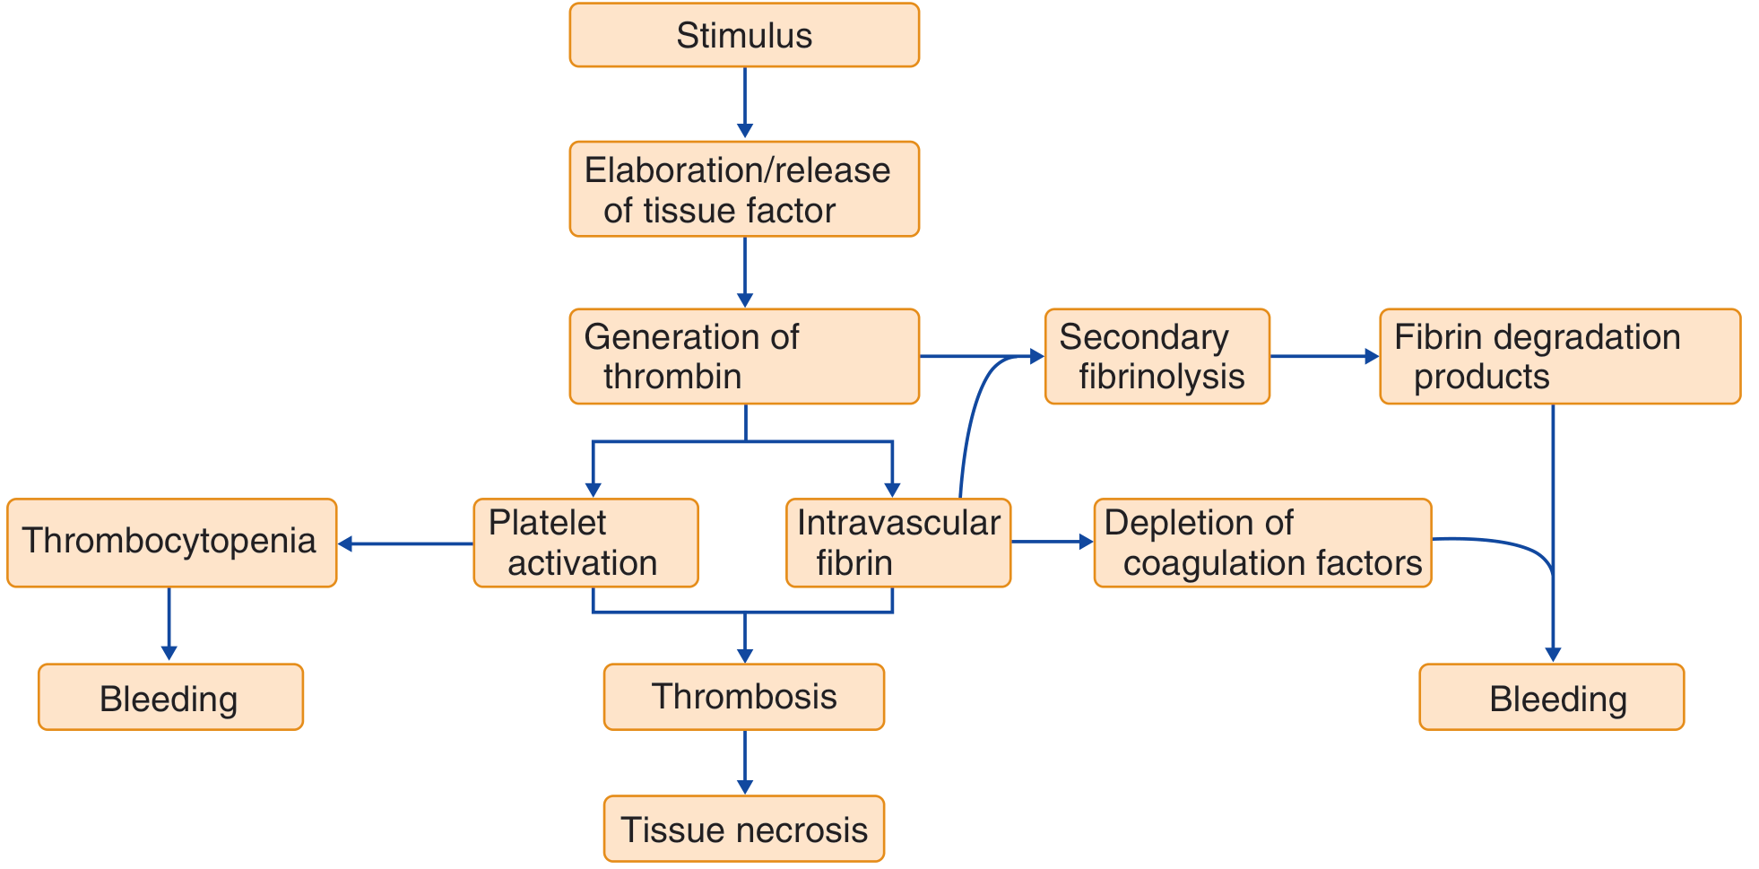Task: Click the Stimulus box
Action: pyautogui.click(x=744, y=35)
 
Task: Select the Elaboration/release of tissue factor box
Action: pyautogui.click(x=744, y=189)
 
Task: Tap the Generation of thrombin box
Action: pyautogui.click(x=744, y=356)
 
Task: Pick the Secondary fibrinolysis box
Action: pyautogui.click(x=1157, y=356)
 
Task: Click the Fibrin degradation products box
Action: pyautogui.click(x=1560, y=356)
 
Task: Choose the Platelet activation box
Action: pyautogui.click(x=585, y=543)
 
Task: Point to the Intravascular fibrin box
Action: pyautogui.click(x=898, y=543)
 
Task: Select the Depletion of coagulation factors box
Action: pyautogui.click(x=1262, y=543)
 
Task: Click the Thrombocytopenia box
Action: pyautogui.click(x=171, y=543)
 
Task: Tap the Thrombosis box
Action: pyautogui.click(x=744, y=697)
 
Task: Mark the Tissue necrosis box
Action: pyautogui.click(x=744, y=829)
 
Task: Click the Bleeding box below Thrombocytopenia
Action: pyautogui.click(x=170, y=697)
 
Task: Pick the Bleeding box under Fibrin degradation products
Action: pyautogui.click(x=1552, y=697)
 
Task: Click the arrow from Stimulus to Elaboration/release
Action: pyautogui.click(x=744, y=103)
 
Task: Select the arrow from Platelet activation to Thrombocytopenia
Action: pyautogui.click(x=405, y=543)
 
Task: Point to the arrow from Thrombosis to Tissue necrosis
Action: pyautogui.click(x=744, y=762)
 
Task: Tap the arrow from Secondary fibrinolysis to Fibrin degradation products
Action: pyautogui.click(x=1325, y=356)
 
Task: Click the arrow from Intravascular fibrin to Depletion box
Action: pyautogui.click(x=1053, y=542)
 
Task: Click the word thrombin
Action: pyautogui.click(x=672, y=377)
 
